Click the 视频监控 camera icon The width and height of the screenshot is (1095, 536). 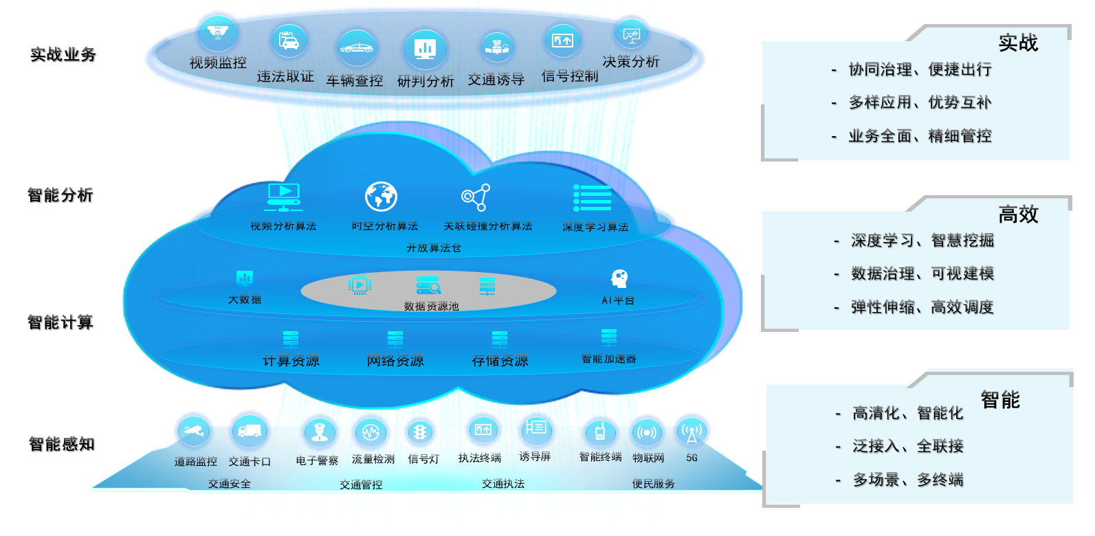click(218, 33)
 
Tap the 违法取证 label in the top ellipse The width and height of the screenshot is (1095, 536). click(285, 76)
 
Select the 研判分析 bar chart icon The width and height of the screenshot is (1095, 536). click(425, 48)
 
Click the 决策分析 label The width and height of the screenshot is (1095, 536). click(631, 62)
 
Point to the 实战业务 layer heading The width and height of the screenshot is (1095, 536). click(63, 55)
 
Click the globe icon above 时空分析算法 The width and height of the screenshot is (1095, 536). click(381, 197)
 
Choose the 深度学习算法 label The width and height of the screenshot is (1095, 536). click(595, 227)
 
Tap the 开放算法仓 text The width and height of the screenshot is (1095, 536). click(434, 247)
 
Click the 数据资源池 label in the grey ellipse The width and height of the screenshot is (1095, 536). click(431, 306)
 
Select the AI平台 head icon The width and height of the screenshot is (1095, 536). click(619, 278)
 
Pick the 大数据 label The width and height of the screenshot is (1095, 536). click(245, 300)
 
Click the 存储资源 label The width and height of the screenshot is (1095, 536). click(500, 361)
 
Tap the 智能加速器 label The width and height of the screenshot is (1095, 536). click(609, 359)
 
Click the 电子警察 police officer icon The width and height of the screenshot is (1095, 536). click(319, 432)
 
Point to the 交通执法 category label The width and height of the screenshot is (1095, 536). click(503, 484)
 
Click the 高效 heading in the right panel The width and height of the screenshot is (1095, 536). click(1018, 214)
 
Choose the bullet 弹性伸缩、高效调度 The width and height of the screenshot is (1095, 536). click(922, 307)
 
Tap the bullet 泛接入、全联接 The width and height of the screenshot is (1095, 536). click(907, 446)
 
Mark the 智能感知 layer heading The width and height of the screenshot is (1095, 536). click(62, 444)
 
